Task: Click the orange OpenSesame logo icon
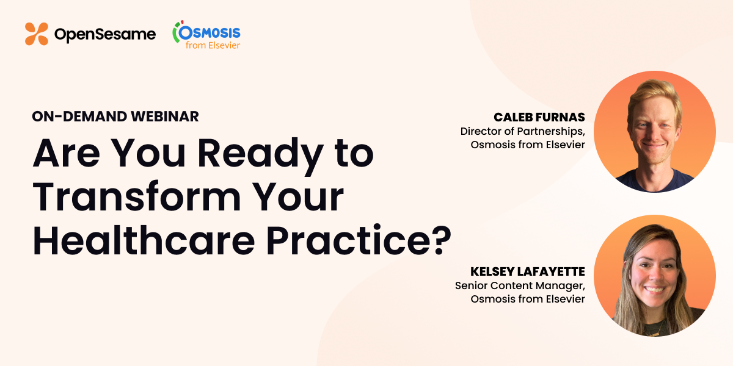click(37, 34)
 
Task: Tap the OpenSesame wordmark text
click(105, 35)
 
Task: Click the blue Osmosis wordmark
click(210, 33)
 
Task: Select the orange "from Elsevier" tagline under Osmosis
click(213, 45)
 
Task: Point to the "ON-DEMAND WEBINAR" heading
click(115, 117)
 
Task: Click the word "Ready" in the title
click(260, 154)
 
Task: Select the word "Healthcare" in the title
click(144, 240)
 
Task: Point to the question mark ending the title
click(438, 240)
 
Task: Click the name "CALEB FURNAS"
click(539, 117)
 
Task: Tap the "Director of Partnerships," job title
click(523, 131)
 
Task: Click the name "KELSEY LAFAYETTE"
click(528, 271)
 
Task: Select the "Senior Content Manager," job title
click(520, 285)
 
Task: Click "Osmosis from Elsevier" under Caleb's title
click(528, 145)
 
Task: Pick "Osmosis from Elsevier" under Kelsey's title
click(528, 299)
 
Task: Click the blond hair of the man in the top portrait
click(654, 95)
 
